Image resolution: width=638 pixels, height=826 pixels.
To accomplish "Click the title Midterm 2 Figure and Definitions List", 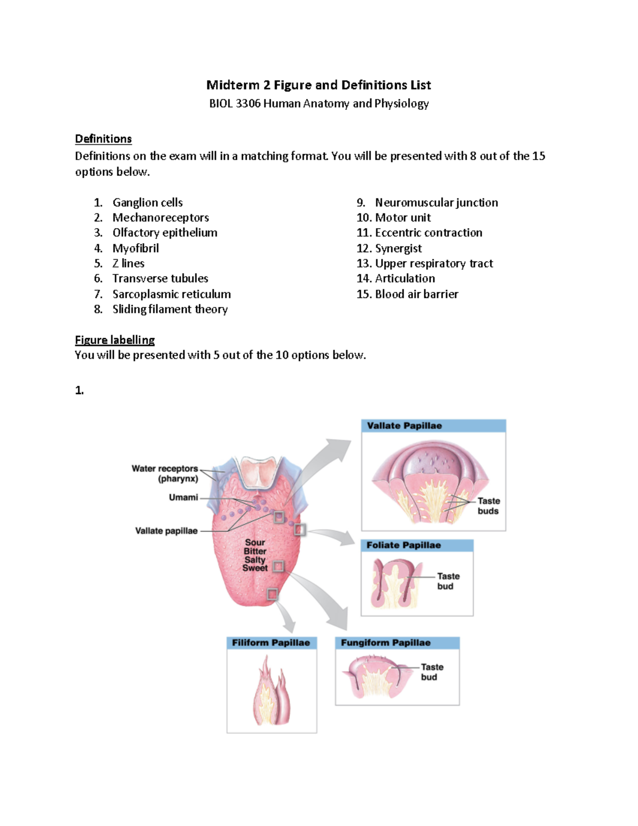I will click(x=318, y=85).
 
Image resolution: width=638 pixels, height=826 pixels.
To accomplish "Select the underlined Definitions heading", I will click(x=103, y=139).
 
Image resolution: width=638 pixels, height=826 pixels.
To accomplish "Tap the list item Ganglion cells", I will click(x=147, y=203).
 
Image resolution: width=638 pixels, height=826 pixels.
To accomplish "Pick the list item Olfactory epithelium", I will click(x=165, y=233).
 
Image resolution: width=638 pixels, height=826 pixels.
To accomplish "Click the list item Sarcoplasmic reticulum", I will click(x=171, y=294).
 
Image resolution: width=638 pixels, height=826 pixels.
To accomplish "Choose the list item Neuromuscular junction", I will click(x=436, y=203).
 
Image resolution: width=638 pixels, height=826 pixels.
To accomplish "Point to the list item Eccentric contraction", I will click(x=429, y=233).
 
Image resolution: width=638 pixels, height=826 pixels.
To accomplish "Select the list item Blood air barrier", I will click(x=416, y=294).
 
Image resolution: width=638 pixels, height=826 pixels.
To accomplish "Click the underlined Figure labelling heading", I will click(x=115, y=340).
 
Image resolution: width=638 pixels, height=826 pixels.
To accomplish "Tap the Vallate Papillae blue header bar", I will click(x=433, y=425).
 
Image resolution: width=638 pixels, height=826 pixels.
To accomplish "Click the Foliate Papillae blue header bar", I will click(x=417, y=545).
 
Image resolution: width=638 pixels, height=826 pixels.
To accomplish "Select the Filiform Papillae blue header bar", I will click(x=271, y=643).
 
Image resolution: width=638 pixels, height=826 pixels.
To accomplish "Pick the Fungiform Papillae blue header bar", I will click(x=397, y=643).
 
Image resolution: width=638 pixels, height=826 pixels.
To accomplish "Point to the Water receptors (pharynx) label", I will click(x=165, y=473).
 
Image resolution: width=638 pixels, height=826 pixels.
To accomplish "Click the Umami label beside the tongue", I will click(x=183, y=497).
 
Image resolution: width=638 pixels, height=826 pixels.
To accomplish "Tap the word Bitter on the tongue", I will click(x=255, y=551).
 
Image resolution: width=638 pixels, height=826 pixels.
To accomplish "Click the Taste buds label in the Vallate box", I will click(x=488, y=506).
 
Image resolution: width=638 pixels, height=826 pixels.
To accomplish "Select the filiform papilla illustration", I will click(x=272, y=691).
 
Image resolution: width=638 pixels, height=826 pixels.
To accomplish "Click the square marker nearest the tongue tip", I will click(x=272, y=594).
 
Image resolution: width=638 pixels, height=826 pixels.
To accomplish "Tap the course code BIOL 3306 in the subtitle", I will click(x=234, y=104).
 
